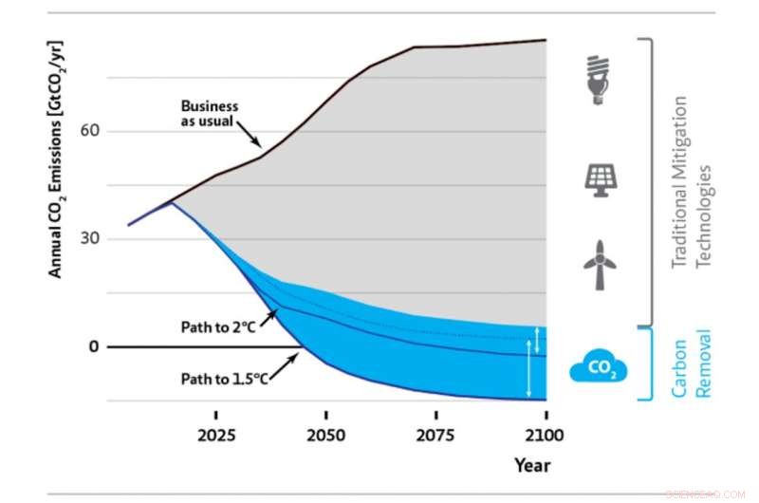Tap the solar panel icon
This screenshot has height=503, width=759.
pyautogui.click(x=599, y=179)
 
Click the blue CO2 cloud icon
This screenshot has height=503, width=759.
pyautogui.click(x=599, y=366)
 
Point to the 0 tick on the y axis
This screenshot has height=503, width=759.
pyautogui.click(x=93, y=346)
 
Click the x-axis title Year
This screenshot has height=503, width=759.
pyautogui.click(x=532, y=465)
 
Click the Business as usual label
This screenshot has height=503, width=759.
pyautogui.click(x=209, y=113)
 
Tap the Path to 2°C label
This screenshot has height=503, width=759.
pyautogui.click(x=219, y=326)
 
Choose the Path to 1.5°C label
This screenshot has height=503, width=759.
pyautogui.click(x=224, y=379)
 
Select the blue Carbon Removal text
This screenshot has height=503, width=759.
pyautogui.click(x=691, y=364)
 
